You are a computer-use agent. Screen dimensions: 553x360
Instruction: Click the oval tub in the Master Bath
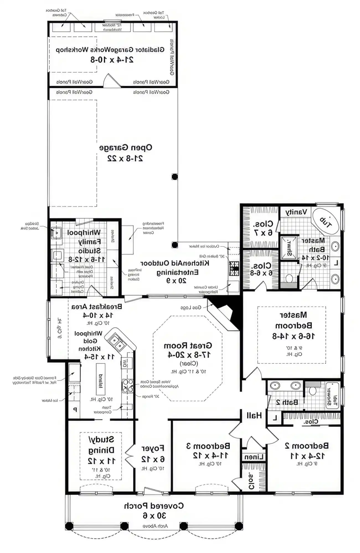pyautogui.click(x=325, y=221)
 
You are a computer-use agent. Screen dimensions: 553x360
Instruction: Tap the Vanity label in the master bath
pyautogui.click(x=296, y=212)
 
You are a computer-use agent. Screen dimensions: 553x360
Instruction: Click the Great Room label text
pyautogui.click(x=188, y=346)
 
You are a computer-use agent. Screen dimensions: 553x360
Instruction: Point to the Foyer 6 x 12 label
pyautogui.click(x=153, y=453)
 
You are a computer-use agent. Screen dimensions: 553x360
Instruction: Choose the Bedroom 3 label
pyautogui.click(x=208, y=446)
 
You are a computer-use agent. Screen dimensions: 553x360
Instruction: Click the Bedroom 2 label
pyautogui.click(x=307, y=446)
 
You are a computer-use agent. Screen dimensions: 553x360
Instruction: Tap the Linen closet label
pyautogui.click(x=254, y=457)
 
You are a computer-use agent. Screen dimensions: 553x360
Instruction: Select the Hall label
pyautogui.click(x=254, y=415)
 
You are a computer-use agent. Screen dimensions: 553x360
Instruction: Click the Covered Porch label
pyautogui.click(x=154, y=506)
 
